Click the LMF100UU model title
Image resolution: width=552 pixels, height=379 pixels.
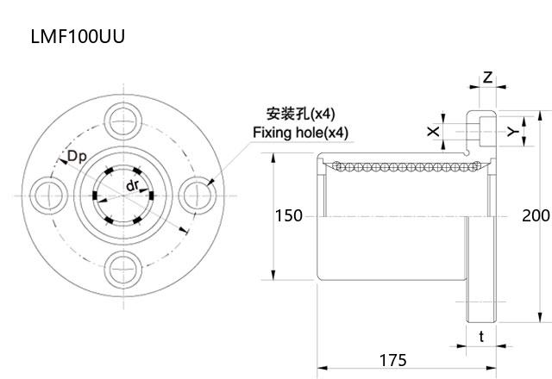tap(78, 38)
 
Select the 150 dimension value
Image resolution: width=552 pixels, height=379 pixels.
tap(289, 215)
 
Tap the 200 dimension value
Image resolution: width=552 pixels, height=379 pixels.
tap(536, 215)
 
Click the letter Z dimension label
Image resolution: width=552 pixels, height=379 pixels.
tap(487, 78)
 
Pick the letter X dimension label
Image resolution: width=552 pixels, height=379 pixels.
tap(433, 131)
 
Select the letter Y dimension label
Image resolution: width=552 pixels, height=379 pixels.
tap(511, 131)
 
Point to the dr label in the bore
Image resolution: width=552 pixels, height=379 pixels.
tap(133, 186)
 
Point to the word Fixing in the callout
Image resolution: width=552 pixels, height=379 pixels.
tap(272, 133)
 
